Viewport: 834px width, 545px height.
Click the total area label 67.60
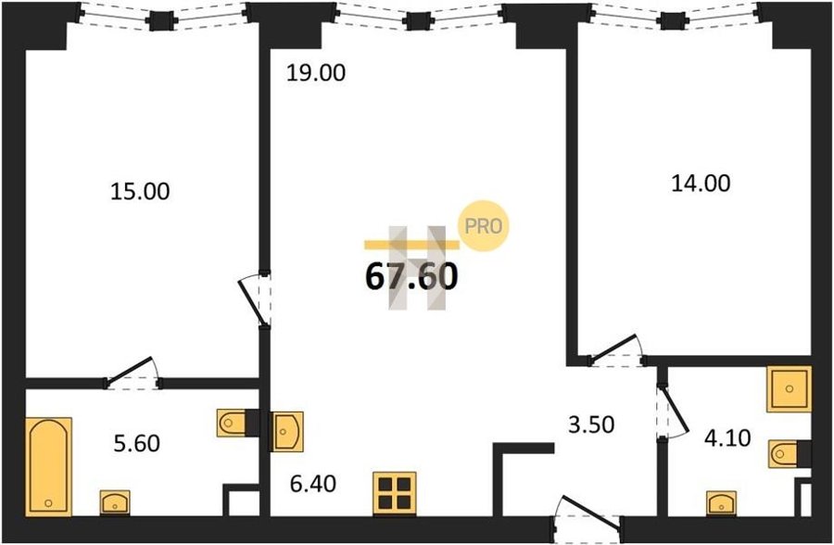(x=411, y=277)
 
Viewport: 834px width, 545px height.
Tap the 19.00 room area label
(x=316, y=73)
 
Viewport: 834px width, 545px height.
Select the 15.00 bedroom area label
(x=140, y=192)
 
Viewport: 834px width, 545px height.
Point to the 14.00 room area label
(x=701, y=184)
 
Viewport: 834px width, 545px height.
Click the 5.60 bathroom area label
(x=137, y=443)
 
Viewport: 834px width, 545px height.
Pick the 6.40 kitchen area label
(x=313, y=484)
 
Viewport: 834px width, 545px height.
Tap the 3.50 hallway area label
(x=591, y=425)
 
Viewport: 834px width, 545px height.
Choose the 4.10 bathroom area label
(x=727, y=438)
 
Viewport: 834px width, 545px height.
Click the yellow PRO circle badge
(x=484, y=226)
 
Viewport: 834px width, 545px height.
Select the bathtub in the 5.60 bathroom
(x=48, y=467)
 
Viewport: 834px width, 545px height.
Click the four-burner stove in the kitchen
(x=395, y=494)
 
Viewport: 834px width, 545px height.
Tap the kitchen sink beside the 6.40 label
(x=287, y=432)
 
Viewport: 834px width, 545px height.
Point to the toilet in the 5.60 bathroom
(x=232, y=424)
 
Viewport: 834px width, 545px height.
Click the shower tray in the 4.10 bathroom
(x=789, y=388)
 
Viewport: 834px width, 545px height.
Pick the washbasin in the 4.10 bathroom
(x=721, y=503)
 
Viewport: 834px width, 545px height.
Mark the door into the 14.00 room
(x=617, y=351)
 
